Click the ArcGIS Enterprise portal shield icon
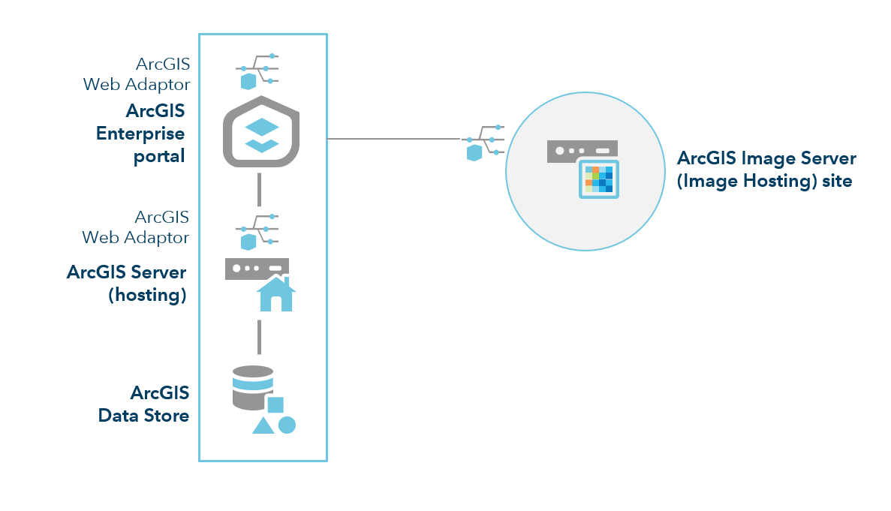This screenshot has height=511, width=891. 262,132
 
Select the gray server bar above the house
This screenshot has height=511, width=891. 257,269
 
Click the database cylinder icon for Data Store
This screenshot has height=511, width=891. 252,388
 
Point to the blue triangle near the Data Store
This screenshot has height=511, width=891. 263,426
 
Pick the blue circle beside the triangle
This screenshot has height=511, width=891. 287,425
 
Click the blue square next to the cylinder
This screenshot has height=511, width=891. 275,405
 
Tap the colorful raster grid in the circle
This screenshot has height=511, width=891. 599,179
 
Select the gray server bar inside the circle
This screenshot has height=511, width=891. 582,150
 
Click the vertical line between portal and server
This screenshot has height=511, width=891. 259,189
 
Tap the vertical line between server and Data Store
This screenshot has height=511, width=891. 259,337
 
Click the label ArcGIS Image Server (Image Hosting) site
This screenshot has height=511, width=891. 766,170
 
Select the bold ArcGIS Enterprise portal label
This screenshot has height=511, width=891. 141,134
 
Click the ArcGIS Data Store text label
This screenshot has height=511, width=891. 144,404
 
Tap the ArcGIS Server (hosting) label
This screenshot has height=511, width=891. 127,283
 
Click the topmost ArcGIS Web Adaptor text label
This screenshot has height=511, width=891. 137,74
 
